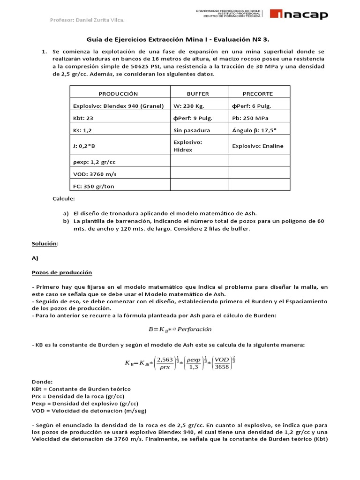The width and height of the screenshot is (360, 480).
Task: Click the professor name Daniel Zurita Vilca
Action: (x=87, y=20)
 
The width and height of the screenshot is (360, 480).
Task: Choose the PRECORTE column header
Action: (x=258, y=93)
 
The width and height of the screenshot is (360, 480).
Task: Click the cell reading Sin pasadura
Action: (x=192, y=130)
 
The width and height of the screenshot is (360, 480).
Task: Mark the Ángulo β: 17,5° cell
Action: (x=254, y=130)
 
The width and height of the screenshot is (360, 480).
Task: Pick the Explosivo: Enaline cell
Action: (x=258, y=146)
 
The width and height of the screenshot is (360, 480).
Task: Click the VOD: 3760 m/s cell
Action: (x=95, y=174)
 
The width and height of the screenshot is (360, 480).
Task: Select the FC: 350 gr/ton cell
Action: (x=94, y=186)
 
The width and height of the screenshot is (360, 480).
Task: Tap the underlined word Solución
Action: (x=45, y=244)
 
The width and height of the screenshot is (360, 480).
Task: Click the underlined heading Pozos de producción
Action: (x=62, y=272)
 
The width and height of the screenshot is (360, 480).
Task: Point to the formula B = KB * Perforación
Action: (x=180, y=329)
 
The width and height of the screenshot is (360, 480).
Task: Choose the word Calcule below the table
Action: (x=63, y=199)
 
